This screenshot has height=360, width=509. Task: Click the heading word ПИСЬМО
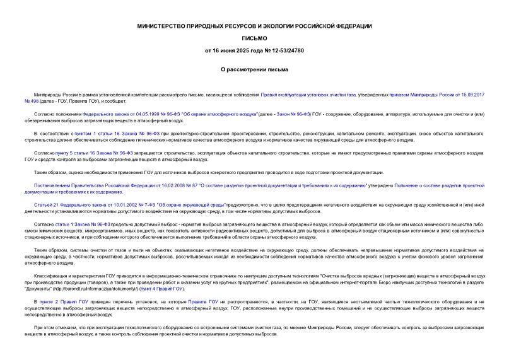(254, 38)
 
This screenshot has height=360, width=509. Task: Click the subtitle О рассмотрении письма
(254, 69)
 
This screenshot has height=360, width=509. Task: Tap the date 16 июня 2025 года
(238, 50)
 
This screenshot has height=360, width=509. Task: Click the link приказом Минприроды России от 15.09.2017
(429, 93)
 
